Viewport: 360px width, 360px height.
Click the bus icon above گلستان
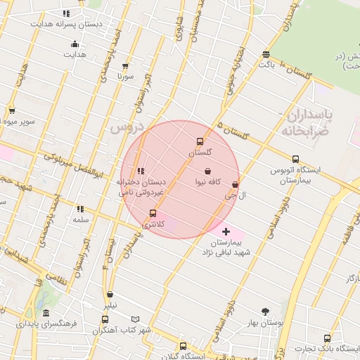coord(200,141)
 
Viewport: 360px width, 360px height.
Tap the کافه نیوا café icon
coord(207,171)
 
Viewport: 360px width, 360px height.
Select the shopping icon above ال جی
coord(235,185)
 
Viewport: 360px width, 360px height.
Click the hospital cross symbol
coord(226,231)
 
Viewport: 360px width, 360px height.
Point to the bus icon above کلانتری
coord(153,213)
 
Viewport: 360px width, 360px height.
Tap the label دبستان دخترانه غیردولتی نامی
coord(141,186)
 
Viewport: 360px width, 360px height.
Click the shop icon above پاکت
coord(265,54)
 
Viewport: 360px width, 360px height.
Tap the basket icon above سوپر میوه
coord(12,111)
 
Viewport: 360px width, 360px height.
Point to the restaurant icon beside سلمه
coord(80,209)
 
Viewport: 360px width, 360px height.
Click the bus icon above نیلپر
coord(110,295)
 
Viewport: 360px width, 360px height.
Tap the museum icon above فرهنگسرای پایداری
coord(46,313)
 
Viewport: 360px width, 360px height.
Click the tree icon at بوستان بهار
coord(265,311)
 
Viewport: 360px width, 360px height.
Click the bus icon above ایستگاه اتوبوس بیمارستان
coord(295,159)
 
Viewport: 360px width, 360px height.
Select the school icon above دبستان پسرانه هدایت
coord(66,13)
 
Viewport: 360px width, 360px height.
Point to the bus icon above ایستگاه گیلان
coord(184,346)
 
